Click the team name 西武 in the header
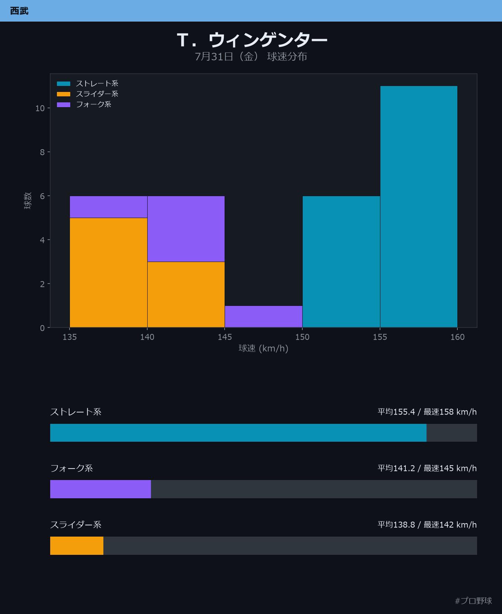click(19, 11)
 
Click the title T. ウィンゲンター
click(252, 40)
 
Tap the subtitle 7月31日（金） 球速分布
click(251, 57)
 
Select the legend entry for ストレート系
click(88, 83)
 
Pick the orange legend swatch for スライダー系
click(64, 94)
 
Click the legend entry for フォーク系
click(84, 104)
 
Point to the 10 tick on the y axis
click(40, 108)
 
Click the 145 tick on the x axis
click(225, 337)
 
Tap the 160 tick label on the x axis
click(457, 337)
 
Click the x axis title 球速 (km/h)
click(263, 348)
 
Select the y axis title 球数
click(28, 201)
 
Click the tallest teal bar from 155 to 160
click(419, 207)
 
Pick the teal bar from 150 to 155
click(341, 262)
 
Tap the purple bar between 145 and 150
click(264, 317)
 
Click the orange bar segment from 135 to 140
click(109, 272)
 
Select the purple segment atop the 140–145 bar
click(186, 229)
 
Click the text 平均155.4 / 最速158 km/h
click(427, 412)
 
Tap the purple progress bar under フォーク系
click(100, 489)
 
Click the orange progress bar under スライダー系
click(77, 546)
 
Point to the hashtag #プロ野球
click(473, 601)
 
